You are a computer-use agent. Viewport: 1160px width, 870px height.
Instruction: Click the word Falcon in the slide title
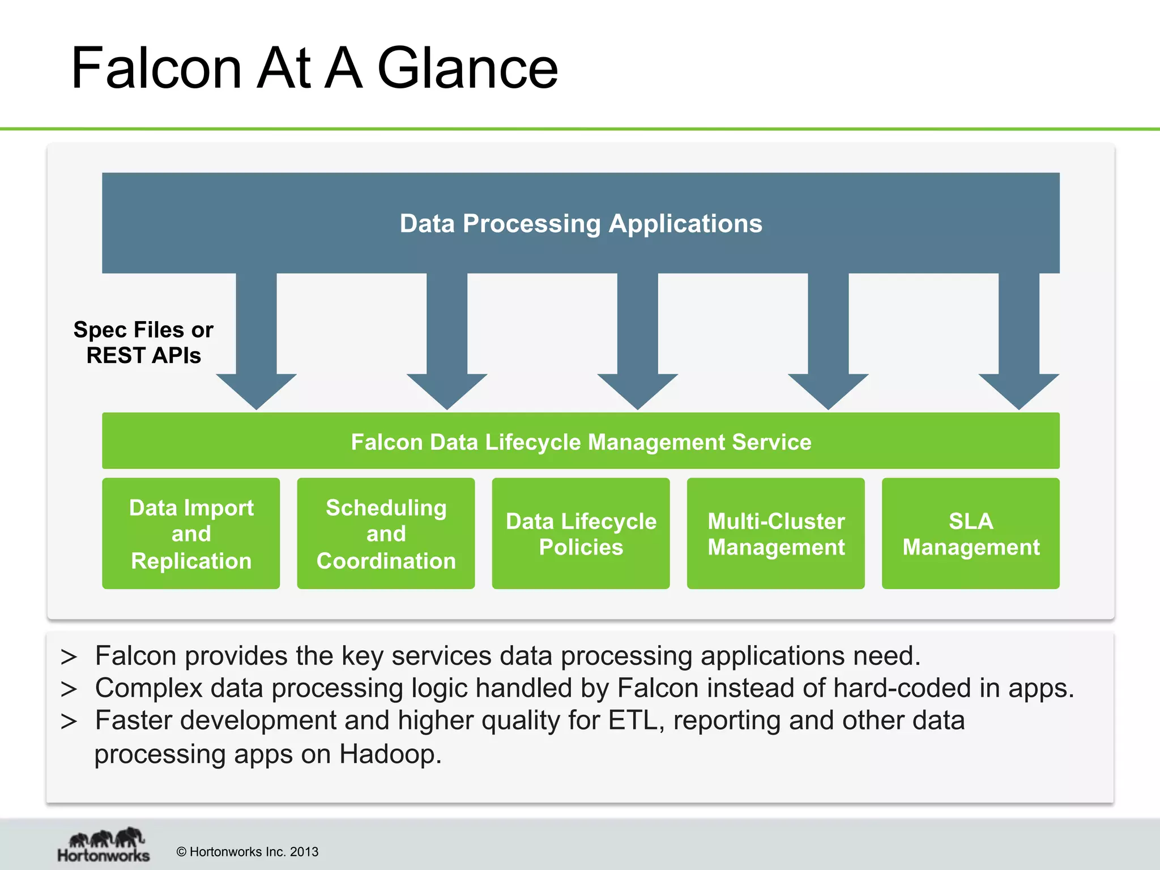coord(156,69)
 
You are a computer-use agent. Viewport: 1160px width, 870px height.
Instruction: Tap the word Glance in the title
coord(467,69)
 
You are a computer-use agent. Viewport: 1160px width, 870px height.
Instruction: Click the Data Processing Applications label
coord(581,224)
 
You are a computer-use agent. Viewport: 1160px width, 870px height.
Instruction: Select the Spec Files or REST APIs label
coord(143,342)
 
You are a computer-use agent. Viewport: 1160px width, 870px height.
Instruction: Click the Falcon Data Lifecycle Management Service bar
coord(581,442)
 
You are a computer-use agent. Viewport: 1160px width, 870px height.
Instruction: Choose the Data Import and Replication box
coord(191,534)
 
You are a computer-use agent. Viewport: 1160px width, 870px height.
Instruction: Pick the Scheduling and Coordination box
coord(386,534)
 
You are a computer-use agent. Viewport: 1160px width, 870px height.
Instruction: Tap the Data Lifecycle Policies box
coord(581,534)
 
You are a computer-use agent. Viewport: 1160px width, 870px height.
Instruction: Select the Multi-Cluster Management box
coord(775,534)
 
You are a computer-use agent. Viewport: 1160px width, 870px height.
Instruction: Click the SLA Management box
coord(970,534)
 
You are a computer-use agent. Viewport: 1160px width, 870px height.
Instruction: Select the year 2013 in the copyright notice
coord(304,852)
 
